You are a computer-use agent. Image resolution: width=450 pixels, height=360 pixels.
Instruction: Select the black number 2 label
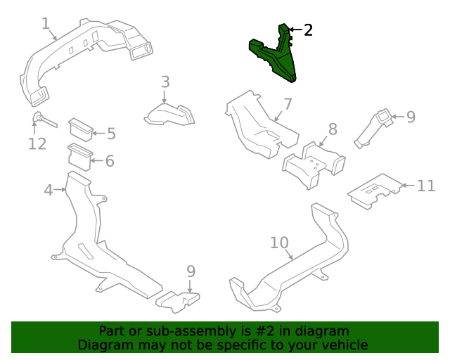pyautogui.click(x=308, y=30)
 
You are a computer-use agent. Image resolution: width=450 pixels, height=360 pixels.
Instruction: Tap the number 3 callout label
pyautogui.click(x=165, y=82)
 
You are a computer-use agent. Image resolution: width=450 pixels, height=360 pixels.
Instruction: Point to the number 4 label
pyautogui.click(x=49, y=190)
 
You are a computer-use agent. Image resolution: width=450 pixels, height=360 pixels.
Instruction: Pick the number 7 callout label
pyautogui.click(x=288, y=105)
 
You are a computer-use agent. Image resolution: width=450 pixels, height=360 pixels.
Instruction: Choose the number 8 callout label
pyautogui.click(x=333, y=129)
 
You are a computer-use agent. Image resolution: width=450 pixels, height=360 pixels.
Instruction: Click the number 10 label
pyautogui.click(x=279, y=243)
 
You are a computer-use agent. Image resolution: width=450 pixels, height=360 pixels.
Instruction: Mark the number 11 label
pyautogui.click(x=426, y=186)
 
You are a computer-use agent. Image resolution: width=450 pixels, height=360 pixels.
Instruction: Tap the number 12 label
pyautogui.click(x=37, y=144)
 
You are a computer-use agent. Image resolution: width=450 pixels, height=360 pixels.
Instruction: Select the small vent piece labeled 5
pyautogui.click(x=79, y=128)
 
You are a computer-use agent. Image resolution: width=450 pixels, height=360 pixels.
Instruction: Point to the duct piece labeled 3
pyautogui.click(x=169, y=114)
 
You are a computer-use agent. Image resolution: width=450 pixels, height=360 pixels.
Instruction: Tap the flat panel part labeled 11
pyautogui.click(x=374, y=190)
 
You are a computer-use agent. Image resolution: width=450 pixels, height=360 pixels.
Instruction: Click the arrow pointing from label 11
pyautogui.click(x=408, y=186)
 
